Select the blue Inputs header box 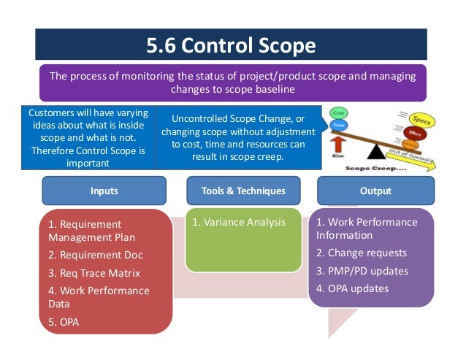pyautogui.click(x=104, y=191)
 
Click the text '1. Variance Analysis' pyautogui.click(x=239, y=222)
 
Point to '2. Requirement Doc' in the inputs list pyautogui.click(x=96, y=255)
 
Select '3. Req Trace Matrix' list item pyautogui.click(x=94, y=273)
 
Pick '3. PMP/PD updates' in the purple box pyautogui.click(x=362, y=271)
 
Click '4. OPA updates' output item pyautogui.click(x=353, y=288)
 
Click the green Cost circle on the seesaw pyautogui.click(x=339, y=114)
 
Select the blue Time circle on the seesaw pyautogui.click(x=338, y=126)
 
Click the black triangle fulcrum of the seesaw pyautogui.click(x=378, y=152)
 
